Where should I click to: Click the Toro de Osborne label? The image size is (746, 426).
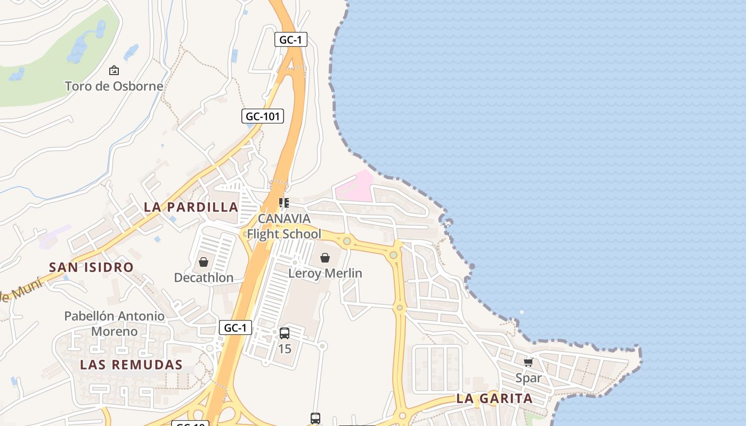(113, 86)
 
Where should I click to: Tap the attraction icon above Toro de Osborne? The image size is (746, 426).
(113, 70)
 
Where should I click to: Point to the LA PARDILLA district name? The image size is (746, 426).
(191, 207)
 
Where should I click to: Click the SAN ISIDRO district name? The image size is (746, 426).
(91, 267)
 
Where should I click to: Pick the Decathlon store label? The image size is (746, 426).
(204, 277)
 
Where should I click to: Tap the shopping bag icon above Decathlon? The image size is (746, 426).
(203, 262)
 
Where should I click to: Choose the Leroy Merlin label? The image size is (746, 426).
(325, 273)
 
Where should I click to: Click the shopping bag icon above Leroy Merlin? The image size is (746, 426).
(325, 258)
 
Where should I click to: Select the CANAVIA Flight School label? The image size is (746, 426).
(284, 226)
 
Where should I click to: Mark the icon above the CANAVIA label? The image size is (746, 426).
(284, 202)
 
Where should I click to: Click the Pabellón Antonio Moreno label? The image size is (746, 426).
(114, 324)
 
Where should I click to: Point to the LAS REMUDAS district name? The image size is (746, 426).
(131, 365)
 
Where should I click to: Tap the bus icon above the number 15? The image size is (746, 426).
(285, 333)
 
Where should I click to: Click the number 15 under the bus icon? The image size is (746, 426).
(285, 349)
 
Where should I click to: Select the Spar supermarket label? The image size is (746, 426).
(528, 378)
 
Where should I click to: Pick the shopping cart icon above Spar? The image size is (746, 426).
(528, 363)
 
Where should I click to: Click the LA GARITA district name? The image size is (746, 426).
(494, 398)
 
